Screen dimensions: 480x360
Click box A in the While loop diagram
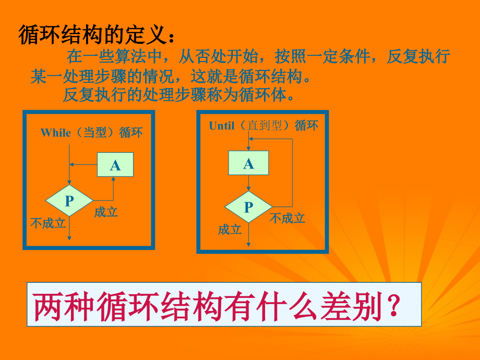(115, 165)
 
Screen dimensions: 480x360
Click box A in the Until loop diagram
(248, 163)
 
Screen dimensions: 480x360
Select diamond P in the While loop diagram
(69, 200)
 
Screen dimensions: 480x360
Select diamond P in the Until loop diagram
(248, 207)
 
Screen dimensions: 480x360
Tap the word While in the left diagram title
(55, 133)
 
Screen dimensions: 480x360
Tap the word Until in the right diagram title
(222, 126)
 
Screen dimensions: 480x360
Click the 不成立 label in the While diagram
(48, 223)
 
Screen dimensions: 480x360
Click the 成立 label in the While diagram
(106, 212)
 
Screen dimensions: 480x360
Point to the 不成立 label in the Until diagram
(287, 218)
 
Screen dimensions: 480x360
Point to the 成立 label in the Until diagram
(230, 230)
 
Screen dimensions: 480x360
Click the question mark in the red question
(393, 305)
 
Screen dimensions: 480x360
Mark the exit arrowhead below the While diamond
(69, 238)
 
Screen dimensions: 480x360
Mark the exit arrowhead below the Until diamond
(248, 244)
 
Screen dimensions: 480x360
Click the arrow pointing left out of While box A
(83, 164)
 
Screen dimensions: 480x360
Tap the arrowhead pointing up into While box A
(113, 179)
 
